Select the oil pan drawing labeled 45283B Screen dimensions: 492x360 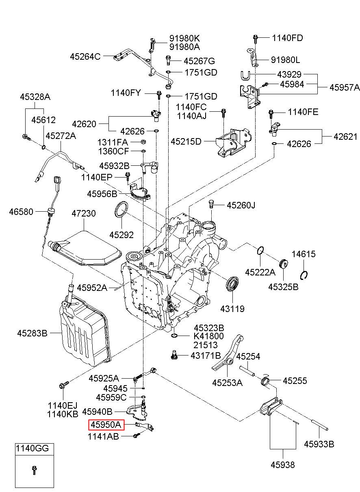pyautogui.click(x=83, y=333)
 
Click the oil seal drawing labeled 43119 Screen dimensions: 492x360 pyautogui.click(x=233, y=284)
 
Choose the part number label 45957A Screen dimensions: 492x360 pyautogui.click(x=344, y=87)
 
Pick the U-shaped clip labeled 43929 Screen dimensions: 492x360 pyautogui.click(x=245, y=75)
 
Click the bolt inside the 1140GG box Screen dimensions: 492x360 pyautogui.click(x=34, y=470)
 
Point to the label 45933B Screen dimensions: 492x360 pyautogui.click(x=319, y=444)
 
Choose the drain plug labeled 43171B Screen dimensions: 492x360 pyautogui.click(x=174, y=355)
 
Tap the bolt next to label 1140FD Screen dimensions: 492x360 pyautogui.click(x=256, y=38)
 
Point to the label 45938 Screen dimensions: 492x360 pyautogui.click(x=283, y=465)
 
